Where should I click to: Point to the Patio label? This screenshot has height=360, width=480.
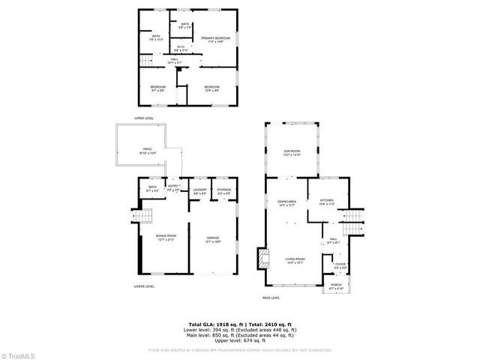(146, 151)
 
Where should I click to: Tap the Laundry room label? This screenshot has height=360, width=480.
(200, 190)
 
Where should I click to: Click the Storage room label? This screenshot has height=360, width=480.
(223, 190)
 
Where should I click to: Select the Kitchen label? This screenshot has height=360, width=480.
(326, 200)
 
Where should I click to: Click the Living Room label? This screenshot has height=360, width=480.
(295, 259)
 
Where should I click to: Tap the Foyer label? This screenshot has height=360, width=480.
(340, 264)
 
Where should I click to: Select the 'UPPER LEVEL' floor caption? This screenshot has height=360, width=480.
(144, 118)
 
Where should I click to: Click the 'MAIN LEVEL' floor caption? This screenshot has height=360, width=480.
(271, 298)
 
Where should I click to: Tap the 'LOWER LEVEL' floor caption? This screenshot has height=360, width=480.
(144, 286)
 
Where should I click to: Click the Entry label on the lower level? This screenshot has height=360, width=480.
(173, 187)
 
